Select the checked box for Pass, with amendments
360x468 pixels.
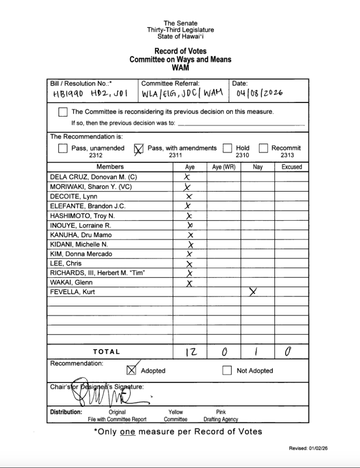138,149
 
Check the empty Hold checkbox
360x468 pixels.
227,148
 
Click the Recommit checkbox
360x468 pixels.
263,148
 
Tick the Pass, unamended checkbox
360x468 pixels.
63,148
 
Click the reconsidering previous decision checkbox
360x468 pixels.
63,112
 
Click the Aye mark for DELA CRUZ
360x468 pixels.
187,177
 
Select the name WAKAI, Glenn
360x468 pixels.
71,282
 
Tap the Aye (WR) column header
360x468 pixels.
224,167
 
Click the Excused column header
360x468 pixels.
291,167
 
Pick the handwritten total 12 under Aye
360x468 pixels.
190,352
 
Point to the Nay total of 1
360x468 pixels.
257,351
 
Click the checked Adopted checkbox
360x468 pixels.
131,370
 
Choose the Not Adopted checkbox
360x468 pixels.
227,371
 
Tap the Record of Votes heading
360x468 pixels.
180,51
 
